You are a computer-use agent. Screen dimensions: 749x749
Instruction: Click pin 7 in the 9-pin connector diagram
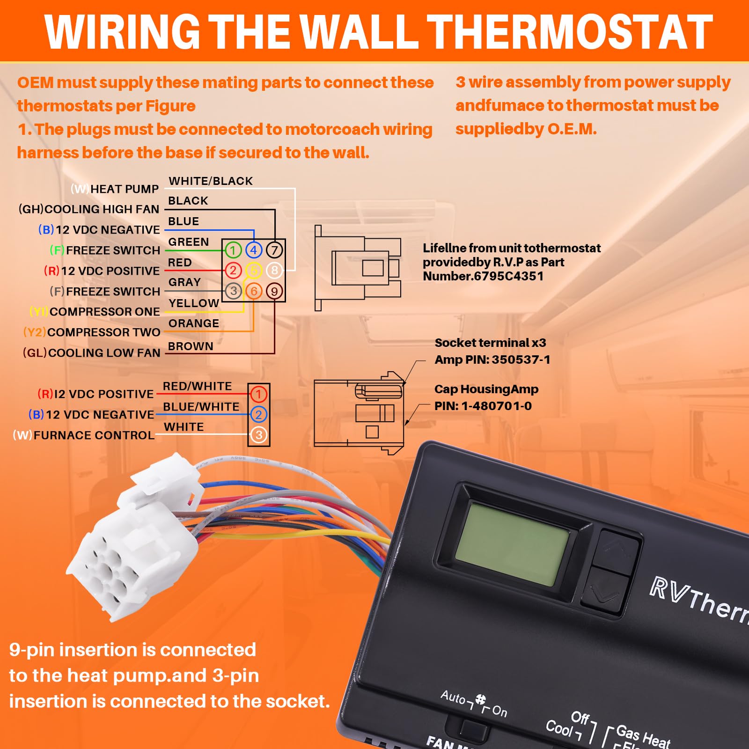[274, 250]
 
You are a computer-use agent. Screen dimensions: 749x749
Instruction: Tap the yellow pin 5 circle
[254, 271]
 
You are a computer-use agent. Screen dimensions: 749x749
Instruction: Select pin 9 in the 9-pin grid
[274, 291]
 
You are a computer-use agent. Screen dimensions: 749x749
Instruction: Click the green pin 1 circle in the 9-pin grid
[233, 250]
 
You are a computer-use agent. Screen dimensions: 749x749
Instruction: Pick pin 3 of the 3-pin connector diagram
[258, 435]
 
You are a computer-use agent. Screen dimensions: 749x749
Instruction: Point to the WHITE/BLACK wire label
[211, 181]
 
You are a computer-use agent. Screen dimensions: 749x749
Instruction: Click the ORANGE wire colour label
[194, 323]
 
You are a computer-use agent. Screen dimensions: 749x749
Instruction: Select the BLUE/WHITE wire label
[201, 407]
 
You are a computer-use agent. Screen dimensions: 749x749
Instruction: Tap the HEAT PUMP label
[125, 189]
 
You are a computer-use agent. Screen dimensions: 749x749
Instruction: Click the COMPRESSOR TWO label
[103, 332]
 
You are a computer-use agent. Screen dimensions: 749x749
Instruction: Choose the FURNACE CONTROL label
[94, 435]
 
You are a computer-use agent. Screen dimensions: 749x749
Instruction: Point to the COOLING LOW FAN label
[104, 353]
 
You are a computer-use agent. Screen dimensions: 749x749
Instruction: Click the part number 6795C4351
[508, 276]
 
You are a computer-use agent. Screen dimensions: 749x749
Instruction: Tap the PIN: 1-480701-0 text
[483, 406]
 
